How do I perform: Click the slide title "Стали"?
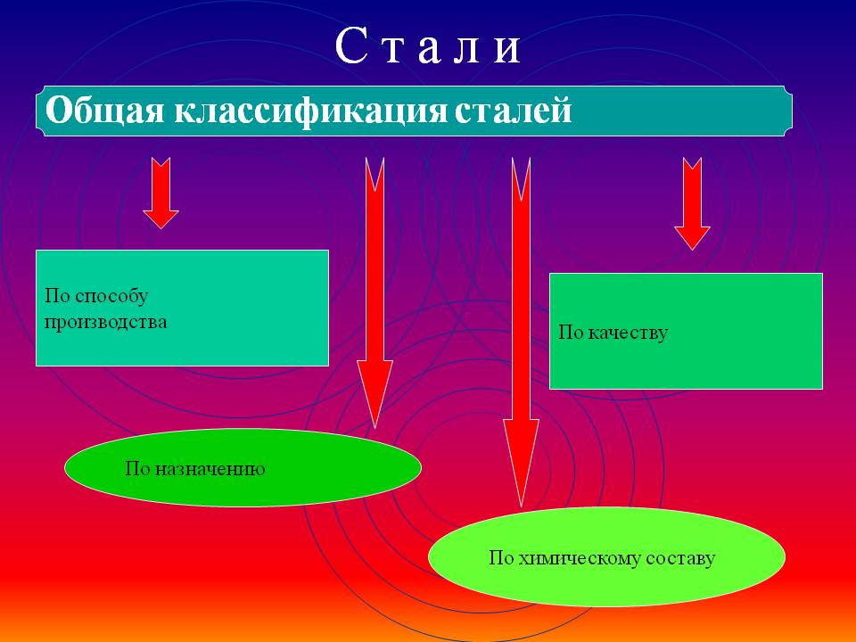coord(428,45)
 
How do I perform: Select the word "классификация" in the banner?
coord(310,111)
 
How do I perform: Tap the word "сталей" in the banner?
coord(514,111)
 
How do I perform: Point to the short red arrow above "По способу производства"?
coord(161,193)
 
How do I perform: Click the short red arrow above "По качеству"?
coord(692,203)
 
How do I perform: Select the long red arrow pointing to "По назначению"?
coord(374,293)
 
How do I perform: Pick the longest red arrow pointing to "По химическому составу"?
coord(521,332)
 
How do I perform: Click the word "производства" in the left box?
coord(105,322)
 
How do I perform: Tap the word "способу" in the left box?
coord(111,296)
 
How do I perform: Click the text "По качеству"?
coord(613,332)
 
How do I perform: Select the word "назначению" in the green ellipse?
coord(210,469)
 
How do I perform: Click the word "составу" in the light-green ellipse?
coord(680,559)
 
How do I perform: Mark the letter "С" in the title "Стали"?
coord(350,45)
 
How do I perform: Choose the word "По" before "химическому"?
coord(500,557)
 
